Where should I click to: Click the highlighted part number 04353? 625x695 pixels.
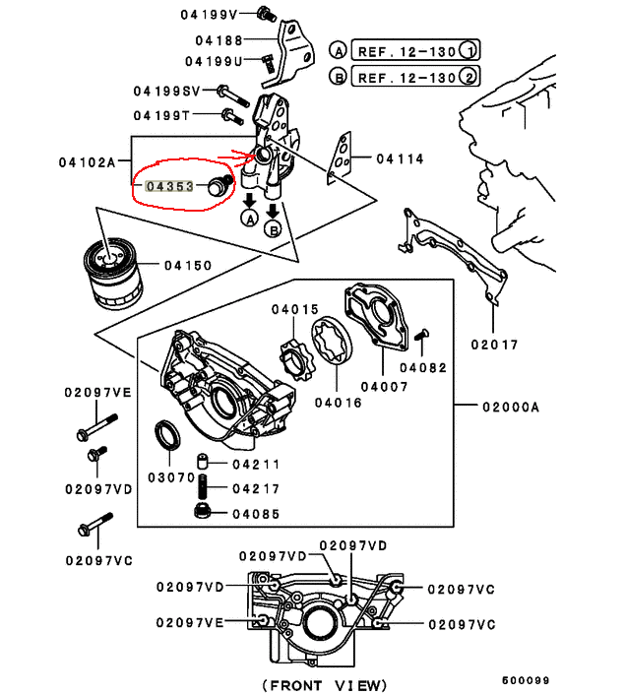point(168,184)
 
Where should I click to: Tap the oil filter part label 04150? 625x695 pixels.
point(188,265)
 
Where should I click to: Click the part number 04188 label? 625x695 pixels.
point(218,40)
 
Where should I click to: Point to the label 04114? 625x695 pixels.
point(399,158)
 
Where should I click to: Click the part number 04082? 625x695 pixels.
point(423,367)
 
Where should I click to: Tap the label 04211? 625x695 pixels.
point(256,464)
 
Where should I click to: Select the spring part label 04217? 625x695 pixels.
point(256,488)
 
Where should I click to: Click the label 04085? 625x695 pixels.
point(256,513)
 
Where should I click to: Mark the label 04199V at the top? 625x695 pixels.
point(208,14)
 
